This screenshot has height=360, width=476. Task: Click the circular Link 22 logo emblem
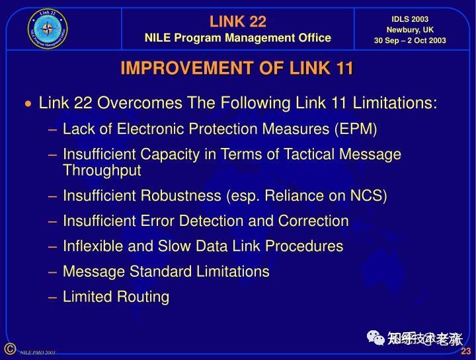click(x=48, y=28)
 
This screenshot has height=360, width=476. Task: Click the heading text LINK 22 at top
click(x=237, y=22)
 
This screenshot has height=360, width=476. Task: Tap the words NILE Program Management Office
click(x=237, y=38)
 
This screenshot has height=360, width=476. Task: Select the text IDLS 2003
click(x=410, y=19)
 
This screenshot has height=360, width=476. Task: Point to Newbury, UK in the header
click(x=410, y=30)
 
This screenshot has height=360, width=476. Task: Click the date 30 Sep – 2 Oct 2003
click(x=410, y=40)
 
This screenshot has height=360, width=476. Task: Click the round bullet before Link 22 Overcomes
click(x=28, y=104)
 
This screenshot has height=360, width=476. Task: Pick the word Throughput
click(x=102, y=170)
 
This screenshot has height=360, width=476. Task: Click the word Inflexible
click(x=93, y=246)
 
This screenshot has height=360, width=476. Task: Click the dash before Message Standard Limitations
click(x=53, y=271)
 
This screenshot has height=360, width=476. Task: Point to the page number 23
click(x=465, y=351)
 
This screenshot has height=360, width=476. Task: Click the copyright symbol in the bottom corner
click(x=9, y=349)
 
